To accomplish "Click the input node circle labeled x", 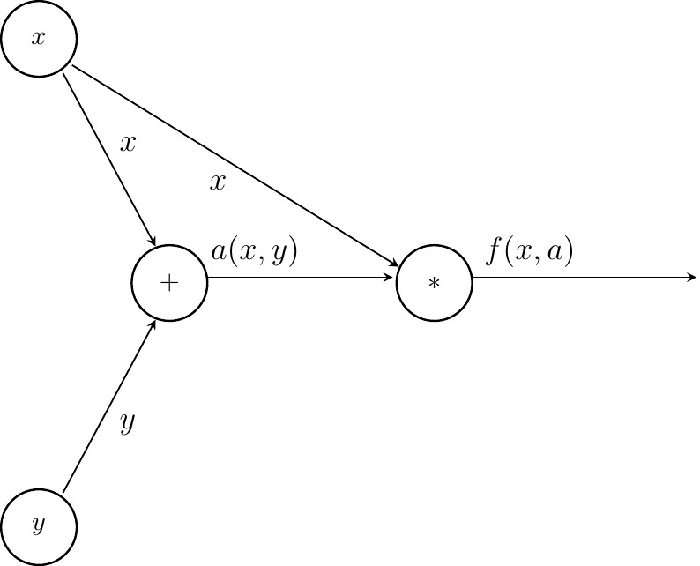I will pos(39,40).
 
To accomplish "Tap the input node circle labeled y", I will pos(39,526).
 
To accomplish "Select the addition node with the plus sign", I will pos(168,283).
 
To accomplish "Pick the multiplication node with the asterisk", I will pos(434,283).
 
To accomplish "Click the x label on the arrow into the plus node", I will pos(128,144).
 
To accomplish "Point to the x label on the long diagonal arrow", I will pos(218,182).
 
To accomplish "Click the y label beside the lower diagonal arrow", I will pos(128,424).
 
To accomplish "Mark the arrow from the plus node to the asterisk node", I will pos(300,279).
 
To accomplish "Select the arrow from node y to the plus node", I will pos(110,407).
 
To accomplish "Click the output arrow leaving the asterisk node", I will pos(582,279).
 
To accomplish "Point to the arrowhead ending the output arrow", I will pos(692,279).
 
